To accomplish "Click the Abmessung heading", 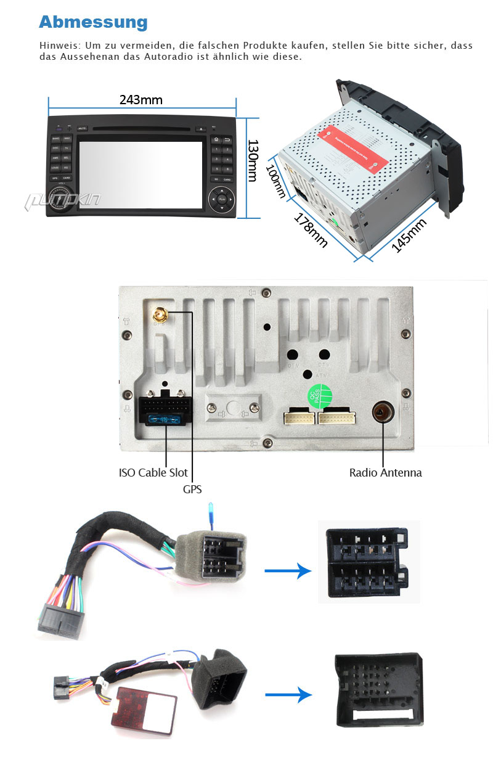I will (93, 22).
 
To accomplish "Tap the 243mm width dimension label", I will (141, 99).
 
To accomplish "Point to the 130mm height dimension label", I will (252, 160).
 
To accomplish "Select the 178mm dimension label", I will (311, 230).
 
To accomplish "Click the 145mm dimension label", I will (409, 236).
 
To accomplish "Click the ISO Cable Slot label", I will (153, 473).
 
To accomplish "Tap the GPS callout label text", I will (192, 489).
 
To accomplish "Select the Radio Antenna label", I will (385, 473).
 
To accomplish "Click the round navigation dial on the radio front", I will (222, 199).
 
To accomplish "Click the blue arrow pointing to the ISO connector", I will (288, 571).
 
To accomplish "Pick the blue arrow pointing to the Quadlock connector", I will (288, 695).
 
